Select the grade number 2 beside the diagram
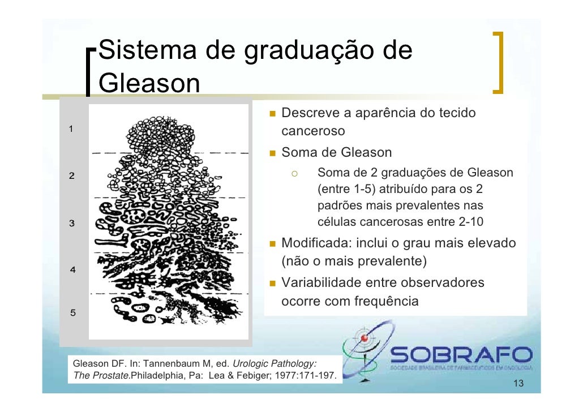click(72, 176)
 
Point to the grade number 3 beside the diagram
click(72, 223)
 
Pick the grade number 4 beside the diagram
click(73, 269)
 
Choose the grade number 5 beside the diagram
click(73, 312)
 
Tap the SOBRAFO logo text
click(461, 355)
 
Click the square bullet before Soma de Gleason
click(272, 153)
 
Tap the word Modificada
click(315, 243)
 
